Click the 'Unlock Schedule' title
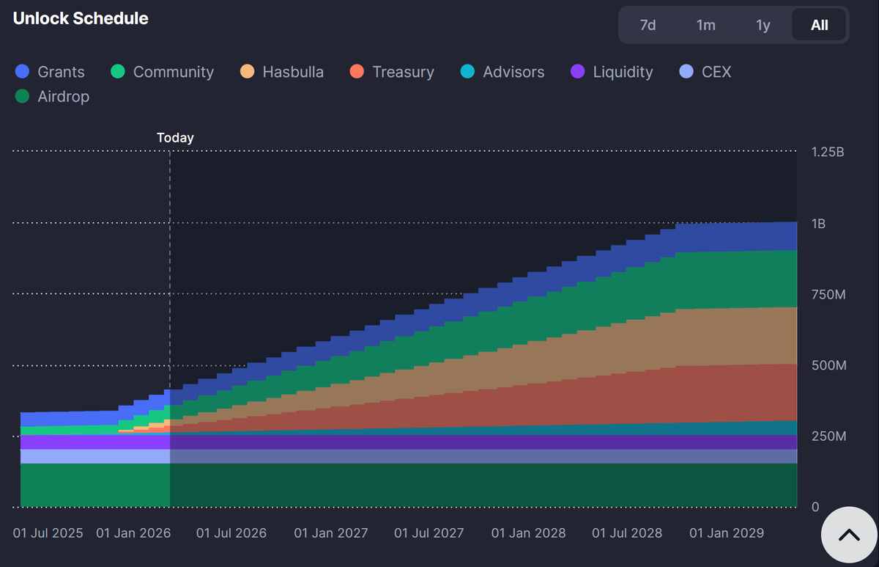[x=81, y=18]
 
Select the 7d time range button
[x=648, y=25]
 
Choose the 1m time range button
[x=705, y=25]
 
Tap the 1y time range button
[x=763, y=25]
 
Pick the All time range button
[x=819, y=25]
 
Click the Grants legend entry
[x=50, y=71]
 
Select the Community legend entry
[x=162, y=71]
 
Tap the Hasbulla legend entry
[x=282, y=71]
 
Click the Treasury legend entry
[x=392, y=71]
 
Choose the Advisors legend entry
[x=502, y=71]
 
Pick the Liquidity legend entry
[x=612, y=71]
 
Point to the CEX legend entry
[x=705, y=71]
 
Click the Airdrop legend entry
[x=52, y=96]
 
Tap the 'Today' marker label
[x=175, y=137]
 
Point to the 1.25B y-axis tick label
[x=828, y=152]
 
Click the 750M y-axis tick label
[x=828, y=294]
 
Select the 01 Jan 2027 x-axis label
[x=331, y=533]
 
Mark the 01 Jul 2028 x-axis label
[x=627, y=533]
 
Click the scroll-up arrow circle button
[x=849, y=535]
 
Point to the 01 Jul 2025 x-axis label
[x=48, y=533]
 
